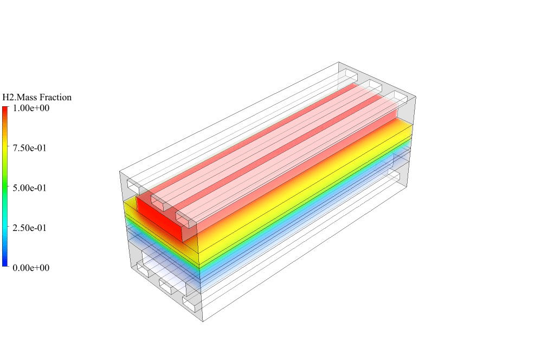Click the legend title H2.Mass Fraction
pyautogui.click(x=37, y=97)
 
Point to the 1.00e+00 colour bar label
pyautogui.click(x=31, y=108)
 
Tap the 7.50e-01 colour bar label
pyautogui.click(x=30, y=148)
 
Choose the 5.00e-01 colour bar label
pyautogui.click(x=30, y=188)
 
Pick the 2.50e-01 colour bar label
pyautogui.click(x=30, y=228)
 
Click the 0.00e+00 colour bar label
pyautogui.click(x=31, y=268)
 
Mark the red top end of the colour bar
pyautogui.click(x=5, y=107)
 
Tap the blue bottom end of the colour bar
pyautogui.click(x=5, y=265)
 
